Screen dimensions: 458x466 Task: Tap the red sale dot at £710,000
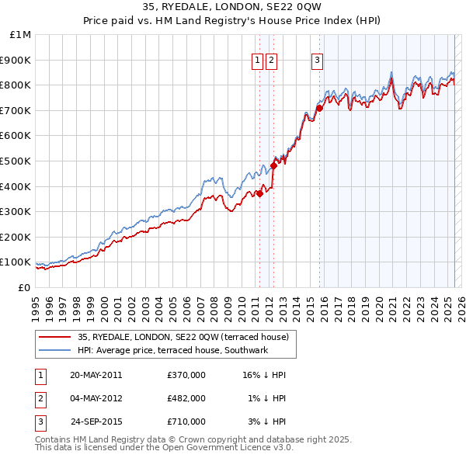point(319,108)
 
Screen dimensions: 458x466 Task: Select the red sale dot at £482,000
point(273,165)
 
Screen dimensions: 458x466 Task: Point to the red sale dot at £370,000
point(260,194)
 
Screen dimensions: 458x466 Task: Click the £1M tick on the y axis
point(21,35)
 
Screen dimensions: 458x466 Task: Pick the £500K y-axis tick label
point(16,161)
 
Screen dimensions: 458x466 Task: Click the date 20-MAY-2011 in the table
point(96,375)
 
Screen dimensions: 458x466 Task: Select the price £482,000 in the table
point(186,398)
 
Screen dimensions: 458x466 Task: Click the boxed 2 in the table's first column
point(40,398)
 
